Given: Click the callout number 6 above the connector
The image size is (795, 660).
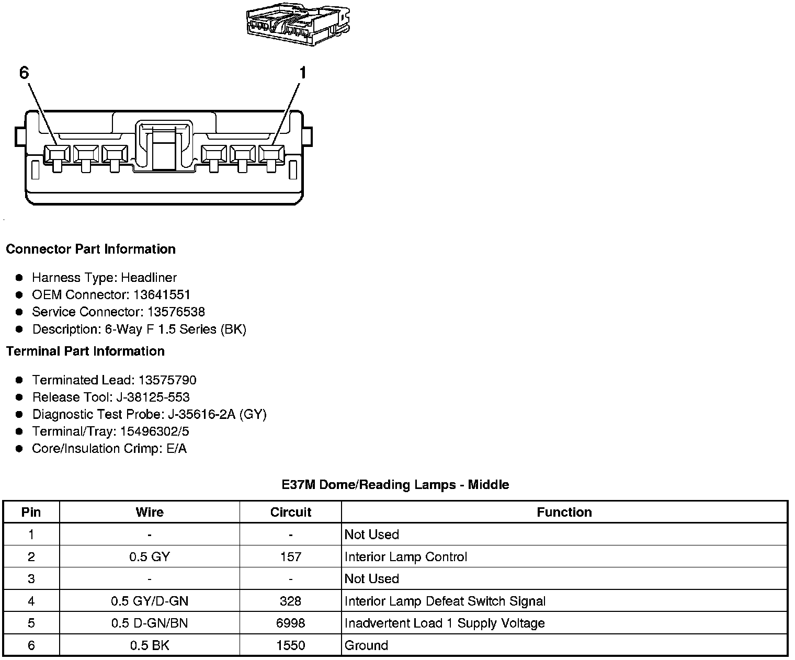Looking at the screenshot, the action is [x=24, y=73].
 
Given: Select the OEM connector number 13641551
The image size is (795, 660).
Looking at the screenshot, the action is [x=162, y=294].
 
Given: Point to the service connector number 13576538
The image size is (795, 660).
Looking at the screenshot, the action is [x=176, y=312].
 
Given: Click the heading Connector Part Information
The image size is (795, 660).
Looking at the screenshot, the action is [x=90, y=249].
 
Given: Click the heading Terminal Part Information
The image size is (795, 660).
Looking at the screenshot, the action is [x=85, y=351].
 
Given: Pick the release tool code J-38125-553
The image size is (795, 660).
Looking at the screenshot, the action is [x=153, y=397].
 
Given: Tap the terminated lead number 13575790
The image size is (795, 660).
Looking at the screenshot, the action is [x=167, y=380].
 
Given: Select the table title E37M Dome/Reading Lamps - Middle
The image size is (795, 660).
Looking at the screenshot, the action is [x=395, y=484].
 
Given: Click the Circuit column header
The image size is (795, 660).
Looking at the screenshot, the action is [x=290, y=512].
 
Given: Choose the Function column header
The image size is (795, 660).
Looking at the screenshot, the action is [x=564, y=512].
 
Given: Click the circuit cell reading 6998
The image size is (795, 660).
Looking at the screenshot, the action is [x=290, y=623].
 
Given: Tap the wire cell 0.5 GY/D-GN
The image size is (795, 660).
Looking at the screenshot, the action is [x=150, y=601].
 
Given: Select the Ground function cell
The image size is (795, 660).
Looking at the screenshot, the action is [x=366, y=645].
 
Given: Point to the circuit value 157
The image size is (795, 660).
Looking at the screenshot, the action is [x=290, y=556].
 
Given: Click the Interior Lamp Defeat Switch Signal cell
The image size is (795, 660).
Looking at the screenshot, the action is [x=445, y=601].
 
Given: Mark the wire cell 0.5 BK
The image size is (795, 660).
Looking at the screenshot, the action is [x=150, y=645].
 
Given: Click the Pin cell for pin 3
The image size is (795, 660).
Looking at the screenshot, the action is [x=31, y=578].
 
